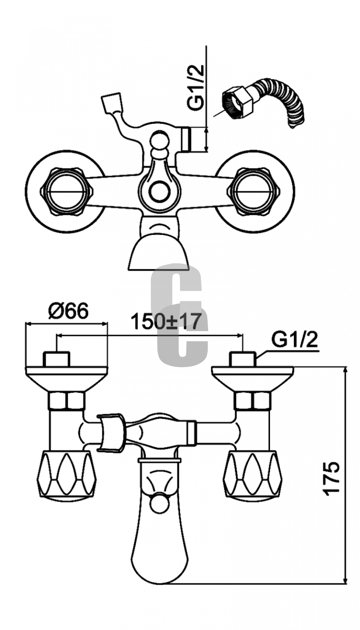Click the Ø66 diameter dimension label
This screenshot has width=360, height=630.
(x=69, y=310)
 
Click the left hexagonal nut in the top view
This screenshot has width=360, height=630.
(x=64, y=192)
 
